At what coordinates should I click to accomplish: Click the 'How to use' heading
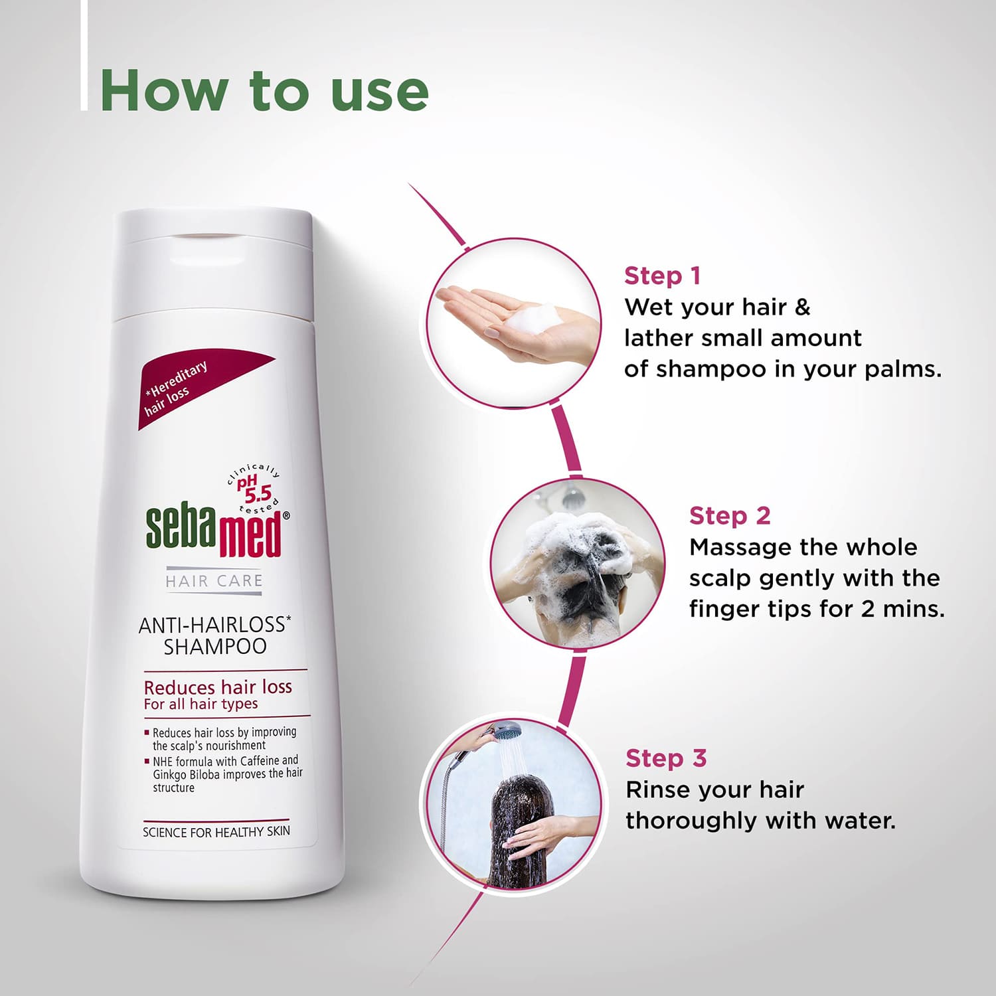[264, 90]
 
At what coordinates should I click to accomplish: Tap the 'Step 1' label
[662, 276]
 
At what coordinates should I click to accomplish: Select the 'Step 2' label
[729, 515]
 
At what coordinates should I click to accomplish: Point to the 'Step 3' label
[665, 758]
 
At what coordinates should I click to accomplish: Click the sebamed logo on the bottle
[214, 531]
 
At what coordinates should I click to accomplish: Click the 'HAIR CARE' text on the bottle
[214, 581]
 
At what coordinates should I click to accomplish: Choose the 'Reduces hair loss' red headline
[218, 687]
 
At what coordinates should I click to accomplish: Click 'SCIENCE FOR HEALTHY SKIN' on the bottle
[216, 831]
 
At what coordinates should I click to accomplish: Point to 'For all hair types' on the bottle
[201, 704]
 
